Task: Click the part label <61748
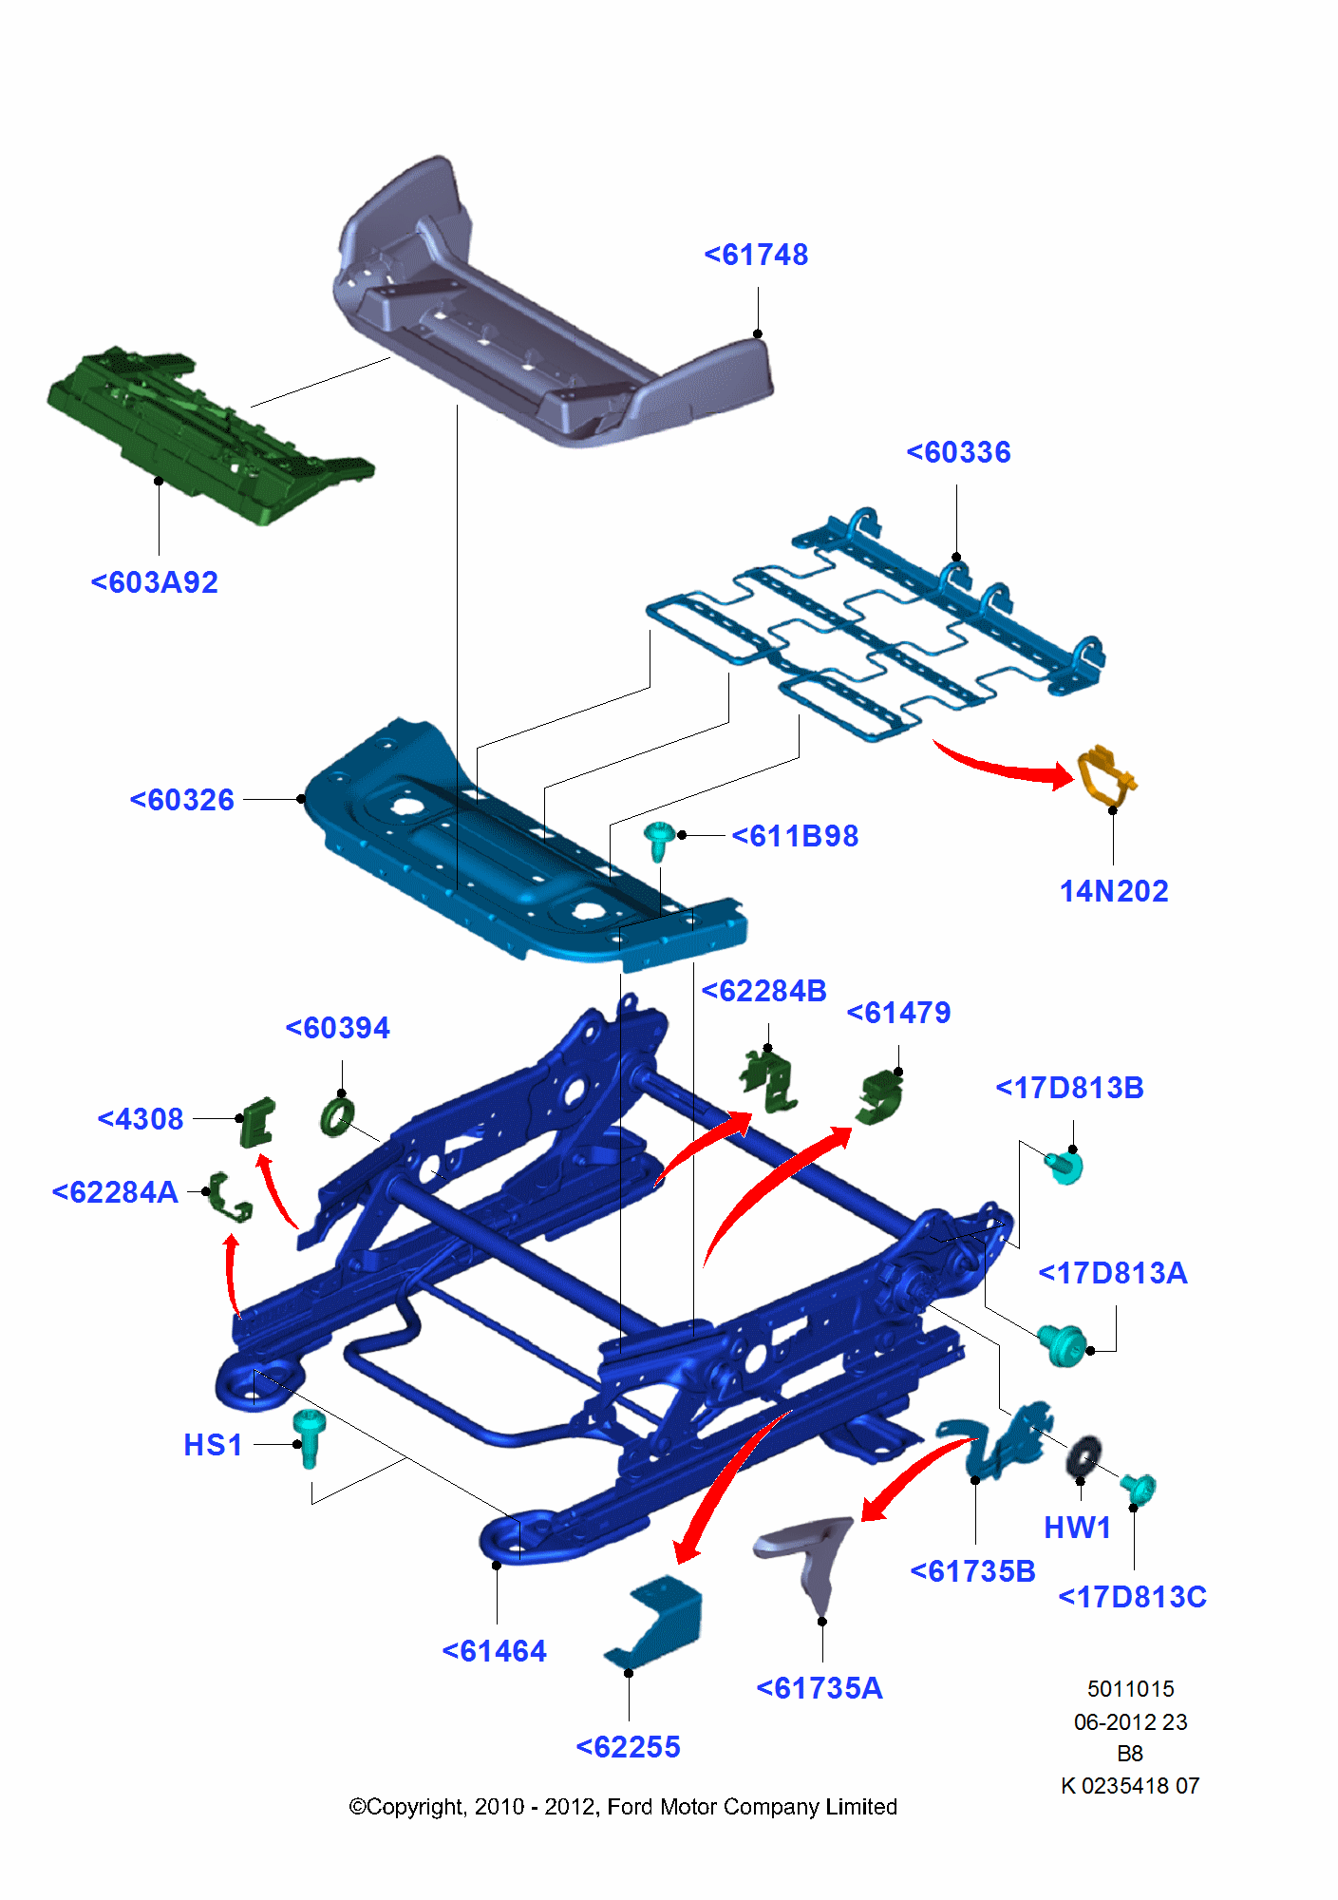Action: [756, 255]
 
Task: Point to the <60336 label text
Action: [958, 452]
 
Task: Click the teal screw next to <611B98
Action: [658, 840]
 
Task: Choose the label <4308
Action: [141, 1119]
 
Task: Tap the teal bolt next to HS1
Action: [309, 1435]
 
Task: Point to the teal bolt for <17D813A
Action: [1062, 1342]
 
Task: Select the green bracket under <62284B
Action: [771, 1081]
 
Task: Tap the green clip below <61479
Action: [880, 1097]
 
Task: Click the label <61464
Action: [494, 1651]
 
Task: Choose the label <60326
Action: [181, 800]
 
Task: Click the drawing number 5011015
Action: [1130, 1689]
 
